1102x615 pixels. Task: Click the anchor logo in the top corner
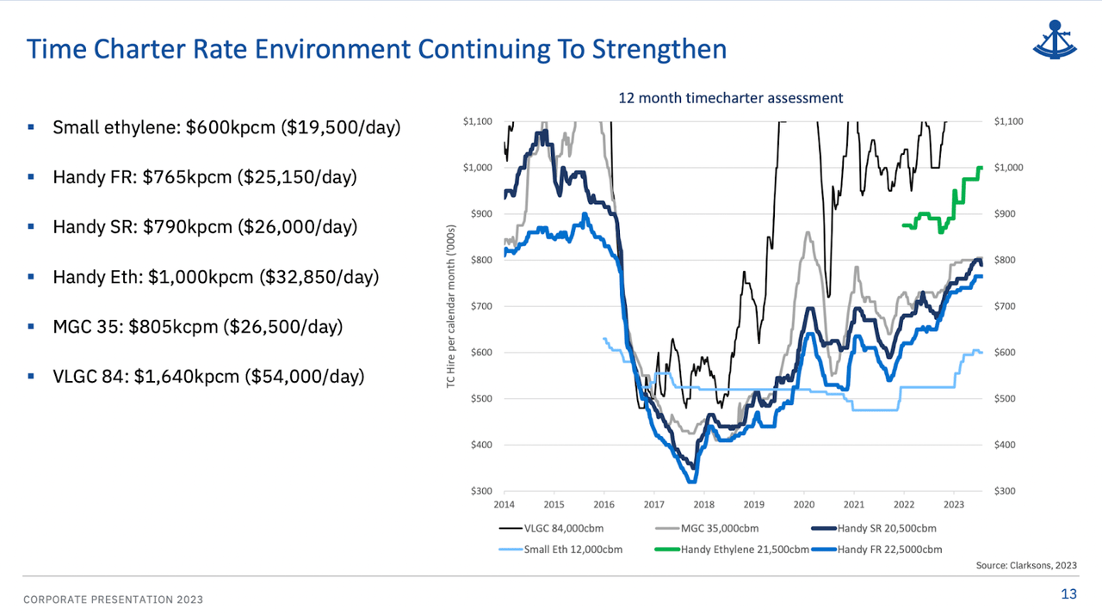(x=1055, y=39)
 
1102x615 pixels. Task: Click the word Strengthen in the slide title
(x=659, y=49)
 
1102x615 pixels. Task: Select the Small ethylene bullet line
(x=226, y=128)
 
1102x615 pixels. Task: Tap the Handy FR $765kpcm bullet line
(x=204, y=178)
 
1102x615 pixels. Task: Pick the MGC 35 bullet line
(x=197, y=327)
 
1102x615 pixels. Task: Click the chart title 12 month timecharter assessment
(x=730, y=98)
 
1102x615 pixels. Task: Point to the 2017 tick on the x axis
(x=653, y=505)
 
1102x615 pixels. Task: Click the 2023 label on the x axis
(x=953, y=505)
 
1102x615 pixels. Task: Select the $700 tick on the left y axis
(x=480, y=306)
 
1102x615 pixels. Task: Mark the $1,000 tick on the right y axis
(x=1009, y=168)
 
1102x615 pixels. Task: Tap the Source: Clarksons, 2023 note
(x=1025, y=565)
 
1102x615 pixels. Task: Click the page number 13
(x=1068, y=593)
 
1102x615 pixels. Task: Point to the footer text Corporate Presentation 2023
(x=113, y=600)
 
